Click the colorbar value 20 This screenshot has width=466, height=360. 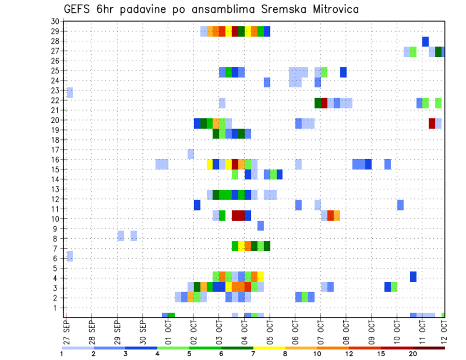[x=413, y=354]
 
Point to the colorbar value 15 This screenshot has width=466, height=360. [x=381, y=354]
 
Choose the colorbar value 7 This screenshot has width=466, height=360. [x=253, y=354]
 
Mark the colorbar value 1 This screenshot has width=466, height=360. [x=62, y=354]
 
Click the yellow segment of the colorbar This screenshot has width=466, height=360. [x=269, y=348]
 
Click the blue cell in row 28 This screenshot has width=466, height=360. [x=425, y=41]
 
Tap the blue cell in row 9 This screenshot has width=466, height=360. [x=261, y=226]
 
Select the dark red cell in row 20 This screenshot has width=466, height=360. [x=432, y=123]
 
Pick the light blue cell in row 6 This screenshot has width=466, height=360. [x=69, y=256]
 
